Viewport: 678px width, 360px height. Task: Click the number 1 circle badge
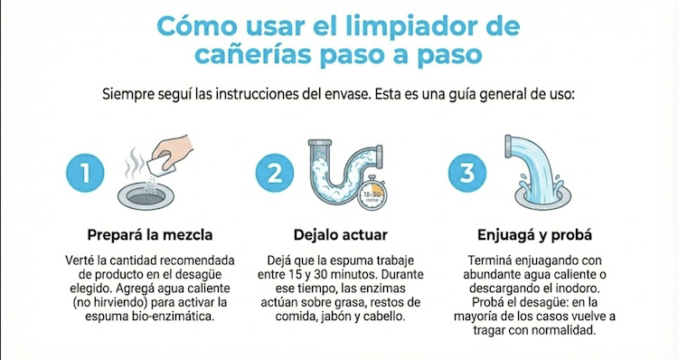pos(85,173)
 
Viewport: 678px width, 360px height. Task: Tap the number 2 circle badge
pos(275,173)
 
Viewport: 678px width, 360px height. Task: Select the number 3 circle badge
pos(467,173)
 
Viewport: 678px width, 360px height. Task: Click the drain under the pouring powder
pos(146,197)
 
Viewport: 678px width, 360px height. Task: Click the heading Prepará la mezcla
pos(150,235)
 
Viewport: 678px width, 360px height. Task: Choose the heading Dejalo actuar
pos(340,235)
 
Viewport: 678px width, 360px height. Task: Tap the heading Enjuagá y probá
pos(534,235)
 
